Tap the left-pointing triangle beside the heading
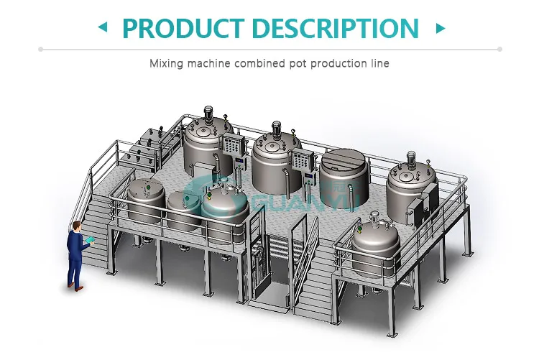[102, 28]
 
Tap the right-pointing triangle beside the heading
[440, 28]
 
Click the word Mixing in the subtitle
[166, 63]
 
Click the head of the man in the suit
[76, 229]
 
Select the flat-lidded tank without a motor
[344, 172]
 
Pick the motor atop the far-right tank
[412, 157]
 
